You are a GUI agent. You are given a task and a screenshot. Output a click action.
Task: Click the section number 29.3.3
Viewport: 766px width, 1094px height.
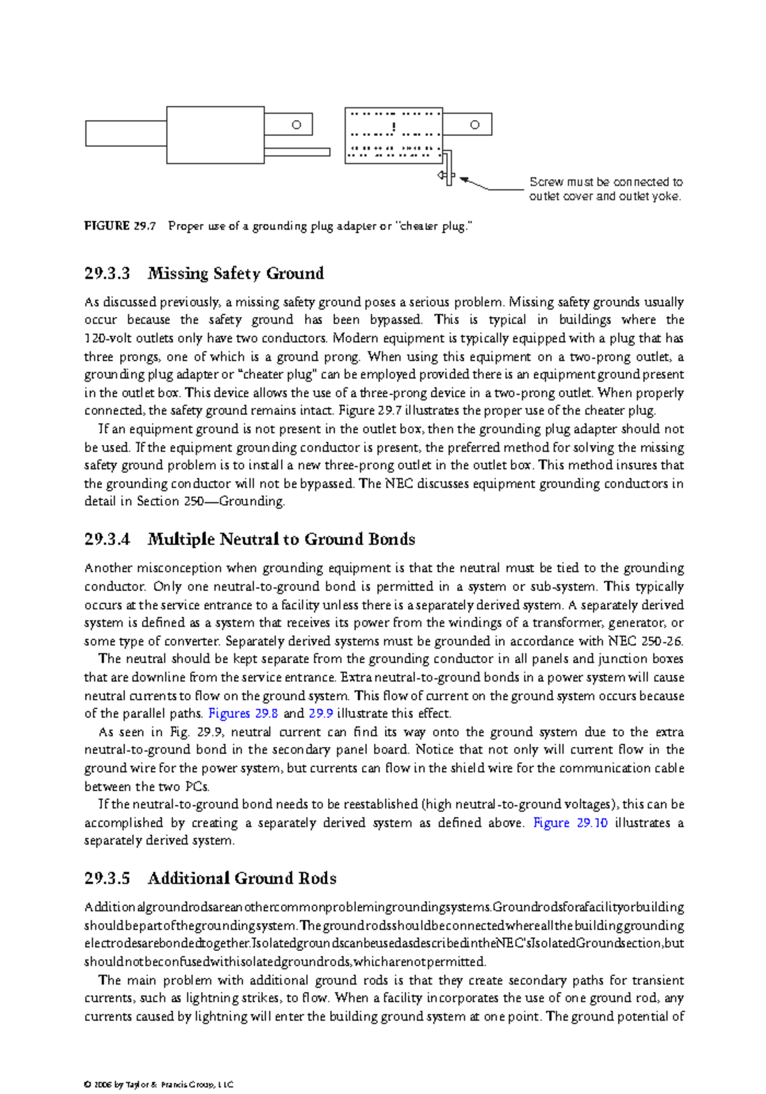click(x=107, y=274)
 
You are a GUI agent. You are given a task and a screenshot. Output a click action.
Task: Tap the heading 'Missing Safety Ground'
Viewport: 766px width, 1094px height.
click(x=236, y=274)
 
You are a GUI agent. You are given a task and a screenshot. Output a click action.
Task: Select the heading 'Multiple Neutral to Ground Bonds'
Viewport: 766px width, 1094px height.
click(x=281, y=539)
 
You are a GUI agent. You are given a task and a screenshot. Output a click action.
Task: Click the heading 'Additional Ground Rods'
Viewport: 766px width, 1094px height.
click(x=242, y=878)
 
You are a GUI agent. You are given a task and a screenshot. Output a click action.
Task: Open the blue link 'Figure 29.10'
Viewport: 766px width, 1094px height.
click(x=570, y=823)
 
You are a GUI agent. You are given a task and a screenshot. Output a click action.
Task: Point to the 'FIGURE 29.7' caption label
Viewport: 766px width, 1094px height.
click(x=119, y=226)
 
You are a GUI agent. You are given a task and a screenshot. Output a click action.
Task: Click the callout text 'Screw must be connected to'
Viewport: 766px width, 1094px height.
click(x=605, y=182)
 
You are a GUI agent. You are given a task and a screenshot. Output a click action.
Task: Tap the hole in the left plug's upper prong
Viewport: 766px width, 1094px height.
click(x=296, y=125)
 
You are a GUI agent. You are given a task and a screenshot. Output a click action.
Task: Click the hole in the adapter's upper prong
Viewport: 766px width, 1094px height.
click(x=474, y=125)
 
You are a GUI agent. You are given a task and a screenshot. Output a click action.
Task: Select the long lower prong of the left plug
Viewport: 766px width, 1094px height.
click(x=297, y=152)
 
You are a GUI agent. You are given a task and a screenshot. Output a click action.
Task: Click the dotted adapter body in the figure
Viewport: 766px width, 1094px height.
click(x=393, y=135)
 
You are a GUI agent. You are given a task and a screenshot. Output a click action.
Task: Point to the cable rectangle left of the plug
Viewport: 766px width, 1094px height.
click(x=126, y=134)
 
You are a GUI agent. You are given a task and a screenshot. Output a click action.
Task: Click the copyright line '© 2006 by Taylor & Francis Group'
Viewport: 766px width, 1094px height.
click(x=158, y=1084)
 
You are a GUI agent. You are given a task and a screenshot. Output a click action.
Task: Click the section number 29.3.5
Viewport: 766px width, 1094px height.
click(x=107, y=878)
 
